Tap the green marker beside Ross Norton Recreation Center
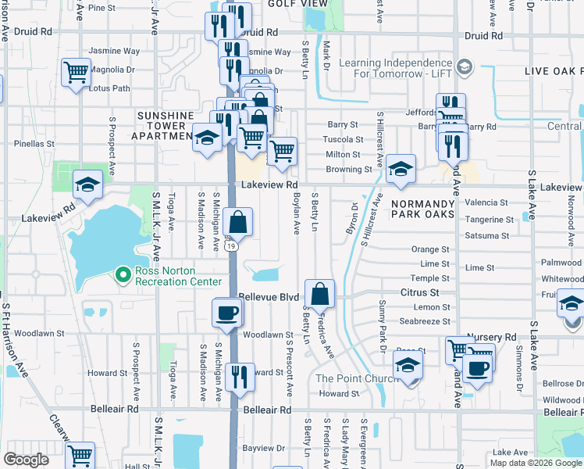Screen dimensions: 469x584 point(122,274)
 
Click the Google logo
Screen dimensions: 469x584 point(27,460)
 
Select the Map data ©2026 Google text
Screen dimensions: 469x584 point(536,463)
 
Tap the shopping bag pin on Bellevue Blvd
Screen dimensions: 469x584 point(320,294)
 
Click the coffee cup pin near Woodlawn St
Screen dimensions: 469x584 point(227,313)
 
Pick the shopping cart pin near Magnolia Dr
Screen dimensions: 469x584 point(77,73)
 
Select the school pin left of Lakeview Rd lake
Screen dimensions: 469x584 point(88,185)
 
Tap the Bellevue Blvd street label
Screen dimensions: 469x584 point(269,298)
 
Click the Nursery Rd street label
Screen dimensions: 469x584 point(500,337)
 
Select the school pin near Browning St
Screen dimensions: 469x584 point(401,168)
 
